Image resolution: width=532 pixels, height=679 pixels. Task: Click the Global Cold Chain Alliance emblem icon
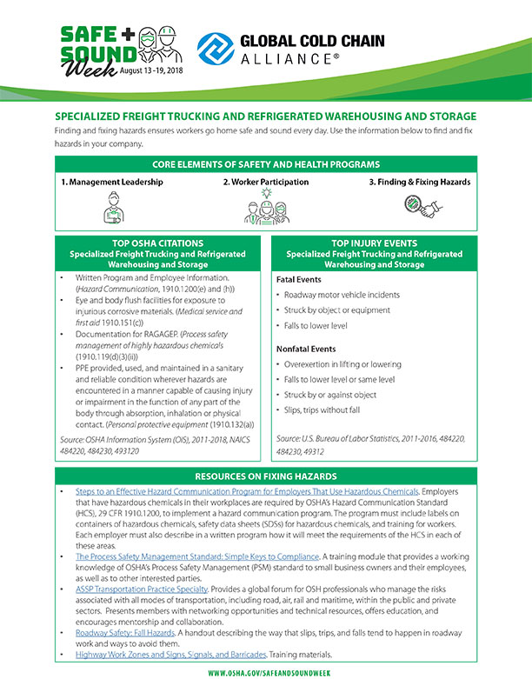(215, 50)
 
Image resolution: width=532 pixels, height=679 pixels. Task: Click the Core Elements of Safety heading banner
(265, 164)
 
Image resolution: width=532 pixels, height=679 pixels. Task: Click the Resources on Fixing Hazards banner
(265, 476)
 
